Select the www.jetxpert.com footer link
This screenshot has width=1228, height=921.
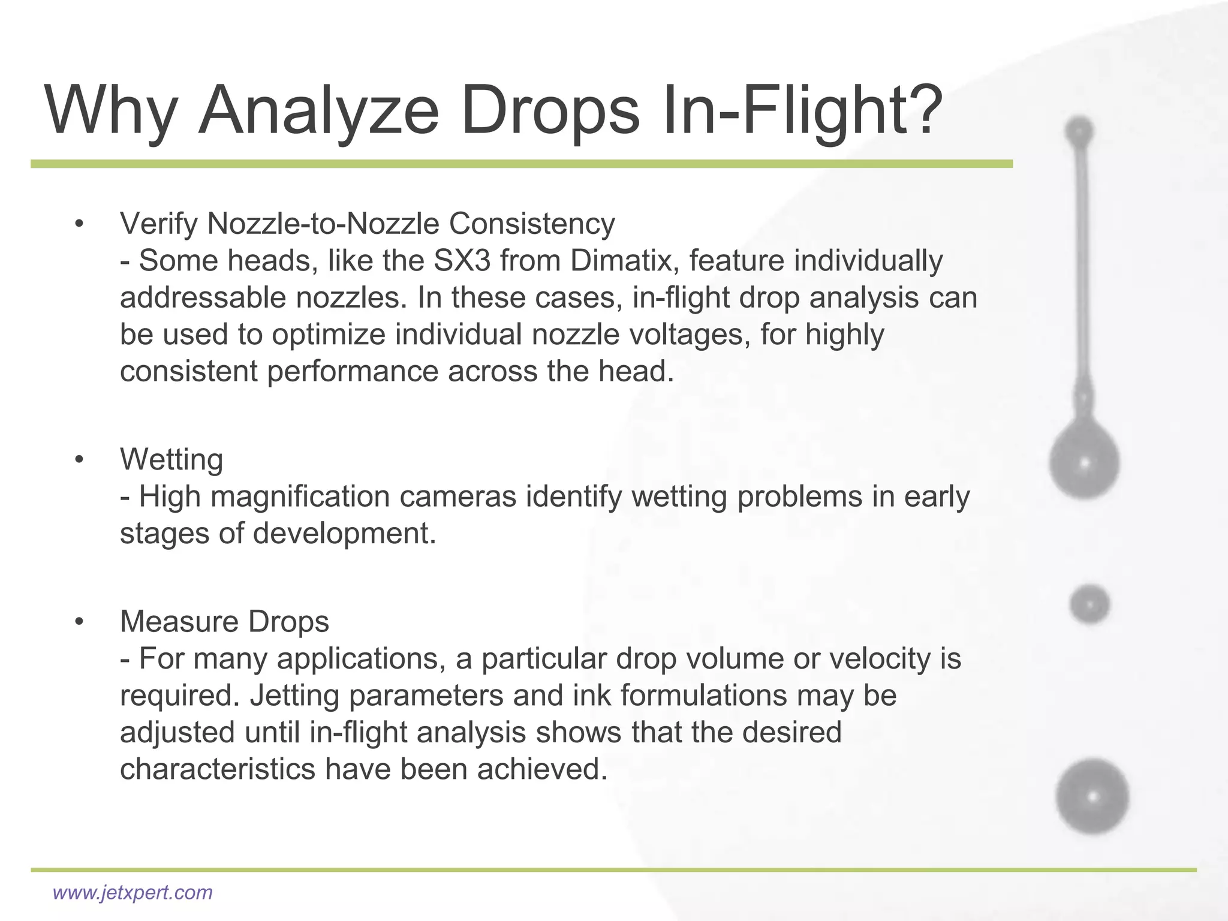tap(133, 892)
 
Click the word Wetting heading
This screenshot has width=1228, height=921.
tap(171, 460)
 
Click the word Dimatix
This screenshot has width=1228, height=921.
tap(621, 261)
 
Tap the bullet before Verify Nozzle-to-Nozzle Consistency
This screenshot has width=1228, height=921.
tap(79, 224)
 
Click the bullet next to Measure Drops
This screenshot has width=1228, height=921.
tap(79, 622)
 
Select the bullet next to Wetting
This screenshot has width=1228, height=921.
tap(79, 460)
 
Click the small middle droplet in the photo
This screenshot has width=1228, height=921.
tap(1089, 604)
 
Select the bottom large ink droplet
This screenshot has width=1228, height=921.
tap(1092, 797)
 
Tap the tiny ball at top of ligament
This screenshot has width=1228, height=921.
tap(1079, 131)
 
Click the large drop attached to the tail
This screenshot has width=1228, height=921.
tap(1084, 462)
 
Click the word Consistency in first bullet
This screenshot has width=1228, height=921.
tap(531, 224)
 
